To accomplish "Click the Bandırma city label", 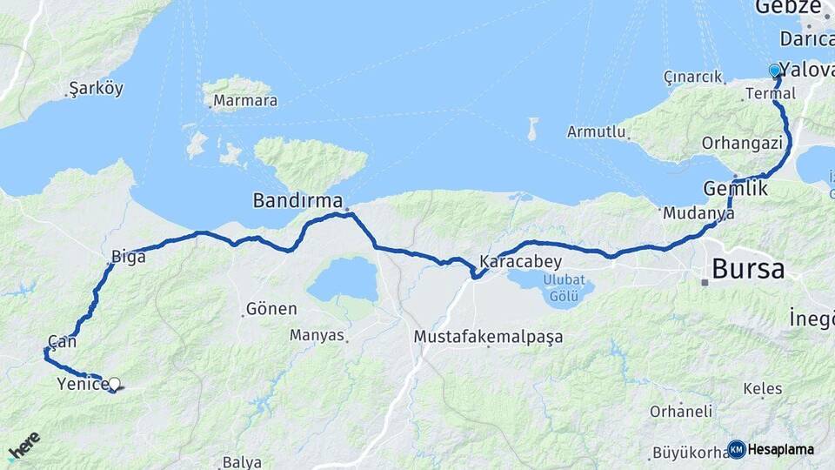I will pos(297,200).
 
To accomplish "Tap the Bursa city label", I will pos(748,268).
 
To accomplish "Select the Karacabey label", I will pos(520,261).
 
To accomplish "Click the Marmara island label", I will pos(245,100).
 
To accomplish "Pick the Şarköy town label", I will pos(96,88).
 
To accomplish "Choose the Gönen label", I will pos(271,308).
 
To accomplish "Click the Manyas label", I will pos(317,334).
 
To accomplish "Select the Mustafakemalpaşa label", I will pos(488,336).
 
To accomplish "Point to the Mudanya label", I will pos(692,212).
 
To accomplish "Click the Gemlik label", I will pos(735,189).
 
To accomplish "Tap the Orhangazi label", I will pos(742,142).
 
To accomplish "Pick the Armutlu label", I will pos(597,131).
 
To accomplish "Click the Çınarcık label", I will pos(693,76).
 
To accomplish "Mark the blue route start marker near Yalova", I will pos(774,70).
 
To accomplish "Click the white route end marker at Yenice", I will pos(114,383).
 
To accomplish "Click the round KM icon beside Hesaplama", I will pos(736,449).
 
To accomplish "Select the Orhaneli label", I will pos(681,411).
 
